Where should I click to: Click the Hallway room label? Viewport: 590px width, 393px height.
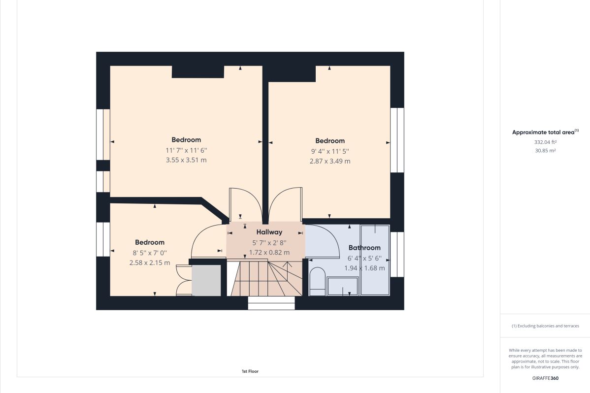[x=269, y=232]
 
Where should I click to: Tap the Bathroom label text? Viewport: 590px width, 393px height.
[x=364, y=248]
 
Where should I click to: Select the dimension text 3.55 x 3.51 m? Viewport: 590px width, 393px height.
[x=186, y=160]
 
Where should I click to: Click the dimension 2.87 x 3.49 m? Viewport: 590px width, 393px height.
[x=330, y=161]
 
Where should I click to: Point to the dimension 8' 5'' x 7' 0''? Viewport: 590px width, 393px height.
[x=150, y=253]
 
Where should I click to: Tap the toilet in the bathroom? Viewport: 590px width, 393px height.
[x=317, y=282]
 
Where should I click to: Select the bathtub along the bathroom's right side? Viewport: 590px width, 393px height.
[x=375, y=260]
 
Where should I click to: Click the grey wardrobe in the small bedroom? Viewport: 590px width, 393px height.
[x=206, y=280]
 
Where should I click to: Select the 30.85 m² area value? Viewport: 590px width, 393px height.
[x=545, y=151]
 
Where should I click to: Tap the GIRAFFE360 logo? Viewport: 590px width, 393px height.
[x=545, y=379]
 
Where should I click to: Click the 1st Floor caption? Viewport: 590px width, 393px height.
[x=250, y=371]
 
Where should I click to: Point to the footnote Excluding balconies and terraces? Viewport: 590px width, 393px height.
[x=545, y=326]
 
